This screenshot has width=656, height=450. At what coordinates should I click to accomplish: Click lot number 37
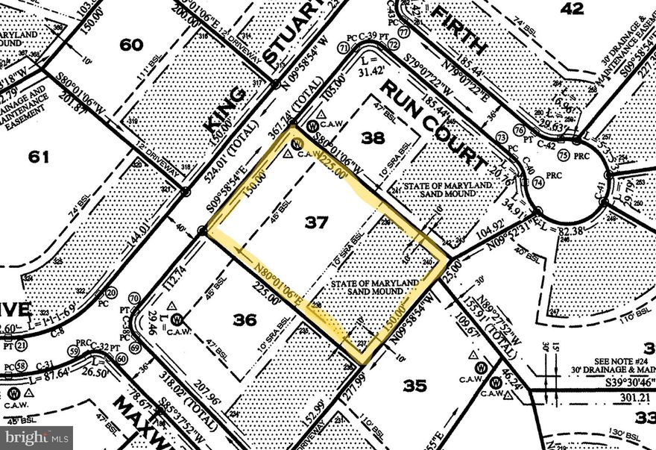pyautogui.click(x=318, y=222)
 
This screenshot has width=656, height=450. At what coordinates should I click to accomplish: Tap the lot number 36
pyautogui.click(x=245, y=319)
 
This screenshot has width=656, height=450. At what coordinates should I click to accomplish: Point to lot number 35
pyautogui.click(x=415, y=385)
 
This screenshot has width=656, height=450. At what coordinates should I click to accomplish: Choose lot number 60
pyautogui.click(x=131, y=45)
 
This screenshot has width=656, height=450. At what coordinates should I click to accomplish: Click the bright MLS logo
pyautogui.click(x=37, y=434)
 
